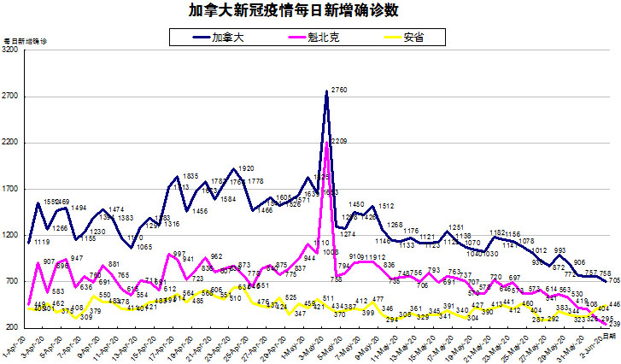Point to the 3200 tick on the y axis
pyautogui.click(x=11, y=51)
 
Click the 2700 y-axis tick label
pyautogui.click(x=11, y=97)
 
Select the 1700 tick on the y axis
pyautogui.click(x=11, y=189)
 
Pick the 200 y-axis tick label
pyautogui.click(x=13, y=326)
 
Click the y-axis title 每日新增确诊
pyautogui.click(x=26, y=40)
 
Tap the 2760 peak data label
pyautogui.click(x=339, y=90)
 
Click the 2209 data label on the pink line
pyautogui.click(x=337, y=140)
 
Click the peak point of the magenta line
pyautogui.click(x=327, y=142)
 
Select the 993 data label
pyautogui.click(x=560, y=251)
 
